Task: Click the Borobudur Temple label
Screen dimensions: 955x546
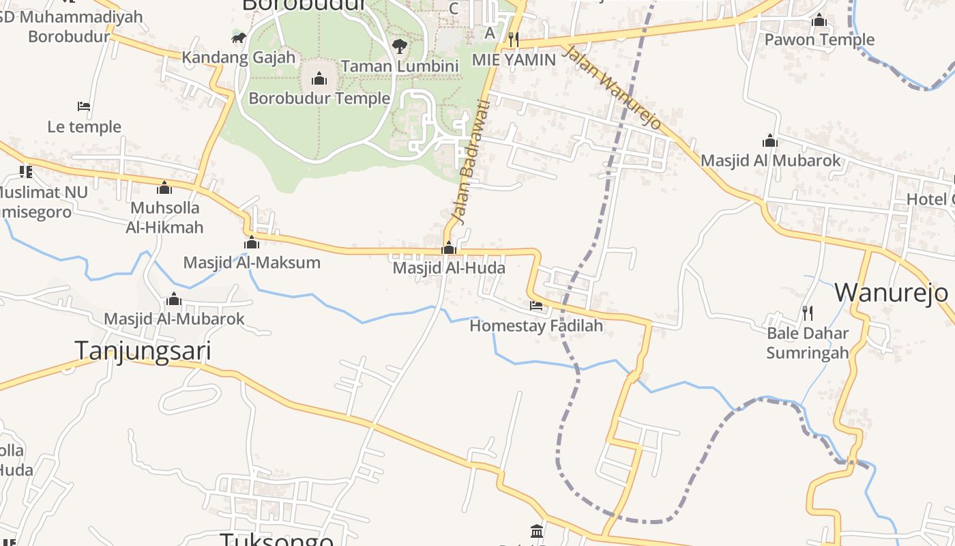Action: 319,98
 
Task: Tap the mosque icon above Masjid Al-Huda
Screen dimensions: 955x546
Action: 448,248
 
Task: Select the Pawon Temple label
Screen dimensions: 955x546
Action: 819,40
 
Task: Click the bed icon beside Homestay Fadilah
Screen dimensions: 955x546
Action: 536,306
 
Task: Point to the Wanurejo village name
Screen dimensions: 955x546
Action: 891,292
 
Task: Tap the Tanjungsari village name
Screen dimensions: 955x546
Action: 143,351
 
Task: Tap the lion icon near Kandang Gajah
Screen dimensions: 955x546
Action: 238,38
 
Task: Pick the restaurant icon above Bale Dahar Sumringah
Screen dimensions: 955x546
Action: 808,313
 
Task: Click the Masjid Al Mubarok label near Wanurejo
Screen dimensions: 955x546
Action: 771,161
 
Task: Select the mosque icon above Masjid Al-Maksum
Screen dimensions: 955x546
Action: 252,243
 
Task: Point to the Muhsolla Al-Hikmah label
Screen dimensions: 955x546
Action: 164,217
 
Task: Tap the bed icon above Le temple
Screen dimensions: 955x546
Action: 84,106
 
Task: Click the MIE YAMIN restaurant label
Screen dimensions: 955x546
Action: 514,59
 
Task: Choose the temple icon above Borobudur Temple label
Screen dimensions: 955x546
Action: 319,79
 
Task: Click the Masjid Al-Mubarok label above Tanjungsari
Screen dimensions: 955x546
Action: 174,319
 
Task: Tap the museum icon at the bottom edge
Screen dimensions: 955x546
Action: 537,531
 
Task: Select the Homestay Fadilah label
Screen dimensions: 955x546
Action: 536,326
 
